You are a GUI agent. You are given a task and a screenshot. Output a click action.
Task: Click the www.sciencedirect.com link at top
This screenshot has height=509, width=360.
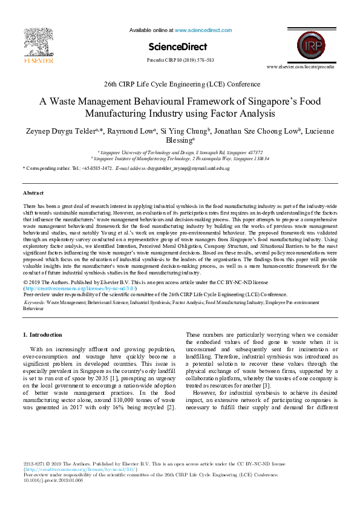[x=198, y=30]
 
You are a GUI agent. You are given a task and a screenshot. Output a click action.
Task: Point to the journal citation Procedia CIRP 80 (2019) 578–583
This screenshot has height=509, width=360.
[x=180, y=60]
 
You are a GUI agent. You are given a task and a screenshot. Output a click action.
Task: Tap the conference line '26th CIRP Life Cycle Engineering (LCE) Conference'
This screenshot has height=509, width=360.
[x=180, y=85]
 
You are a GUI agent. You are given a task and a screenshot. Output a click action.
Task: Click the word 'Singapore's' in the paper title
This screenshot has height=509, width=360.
[x=273, y=102]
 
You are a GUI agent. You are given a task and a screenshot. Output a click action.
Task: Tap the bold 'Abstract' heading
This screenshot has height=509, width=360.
[x=33, y=193]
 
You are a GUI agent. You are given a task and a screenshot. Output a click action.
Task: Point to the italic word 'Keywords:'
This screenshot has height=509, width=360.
[x=34, y=301]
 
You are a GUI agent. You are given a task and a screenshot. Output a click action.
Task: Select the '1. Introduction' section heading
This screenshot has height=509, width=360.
[x=42, y=334]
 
